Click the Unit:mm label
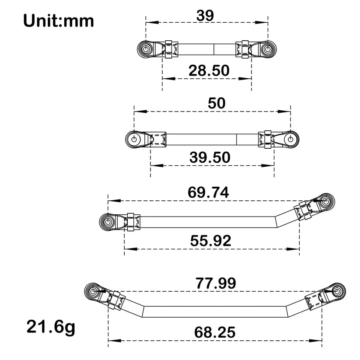pyautogui.click(x=59, y=21)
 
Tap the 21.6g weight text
pyautogui.click(x=50, y=327)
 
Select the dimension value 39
pyautogui.click(x=205, y=16)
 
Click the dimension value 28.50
pyautogui.click(x=209, y=70)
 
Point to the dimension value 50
pyautogui.click(x=217, y=103)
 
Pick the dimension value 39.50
pyautogui.click(x=210, y=157)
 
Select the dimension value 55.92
pyautogui.click(x=211, y=240)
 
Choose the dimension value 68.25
pyautogui.click(x=214, y=332)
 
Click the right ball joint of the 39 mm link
pyautogui.click(x=268, y=49)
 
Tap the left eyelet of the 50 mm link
pyautogui.click(x=134, y=140)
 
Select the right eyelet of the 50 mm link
pyautogui.click(x=290, y=140)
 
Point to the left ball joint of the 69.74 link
pyautogui.click(x=107, y=221)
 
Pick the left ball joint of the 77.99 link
pyautogui.click(x=94, y=292)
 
